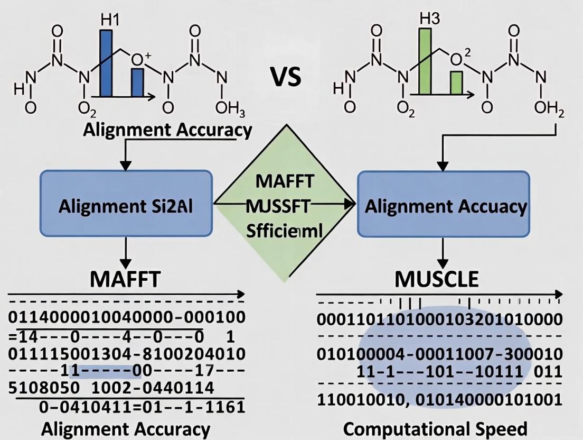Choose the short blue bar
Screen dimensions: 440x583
coord(137,83)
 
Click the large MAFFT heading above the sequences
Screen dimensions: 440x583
coord(125,278)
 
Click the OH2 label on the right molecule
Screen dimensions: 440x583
coord(549,108)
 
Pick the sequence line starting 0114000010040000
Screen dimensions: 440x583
coord(127,318)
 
